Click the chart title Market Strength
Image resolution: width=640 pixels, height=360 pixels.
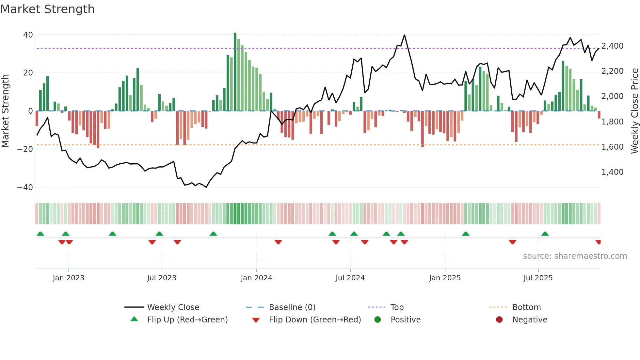click(x=47, y=9)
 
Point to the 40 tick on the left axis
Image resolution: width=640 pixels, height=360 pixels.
click(x=28, y=35)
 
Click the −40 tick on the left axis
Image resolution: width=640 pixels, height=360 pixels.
click(x=25, y=188)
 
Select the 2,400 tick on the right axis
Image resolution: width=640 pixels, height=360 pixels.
click(x=612, y=46)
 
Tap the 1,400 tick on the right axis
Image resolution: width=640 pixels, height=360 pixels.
click(x=612, y=172)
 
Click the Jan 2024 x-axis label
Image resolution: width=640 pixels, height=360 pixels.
click(x=256, y=278)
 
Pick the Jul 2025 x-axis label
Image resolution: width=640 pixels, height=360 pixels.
click(x=538, y=278)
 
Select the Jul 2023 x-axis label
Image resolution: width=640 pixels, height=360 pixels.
click(x=162, y=278)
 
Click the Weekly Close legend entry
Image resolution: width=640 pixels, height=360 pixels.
click(x=173, y=307)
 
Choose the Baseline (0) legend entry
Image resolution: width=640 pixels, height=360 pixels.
click(x=292, y=307)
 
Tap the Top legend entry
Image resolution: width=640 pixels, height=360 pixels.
click(x=397, y=307)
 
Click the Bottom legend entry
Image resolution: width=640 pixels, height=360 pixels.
click(x=526, y=307)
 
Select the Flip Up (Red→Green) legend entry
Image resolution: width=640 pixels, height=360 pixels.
click(x=187, y=320)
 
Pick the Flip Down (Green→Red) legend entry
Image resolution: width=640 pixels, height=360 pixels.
click(x=315, y=320)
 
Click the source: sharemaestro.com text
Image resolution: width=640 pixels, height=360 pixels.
click(x=575, y=256)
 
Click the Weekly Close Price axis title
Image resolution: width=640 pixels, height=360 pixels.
click(x=634, y=111)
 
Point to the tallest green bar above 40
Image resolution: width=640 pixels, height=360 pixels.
click(x=235, y=34)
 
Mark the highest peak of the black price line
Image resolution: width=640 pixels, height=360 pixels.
click(x=405, y=35)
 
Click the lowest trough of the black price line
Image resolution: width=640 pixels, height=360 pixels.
click(x=206, y=187)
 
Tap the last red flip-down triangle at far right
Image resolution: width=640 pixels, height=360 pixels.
click(x=598, y=242)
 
